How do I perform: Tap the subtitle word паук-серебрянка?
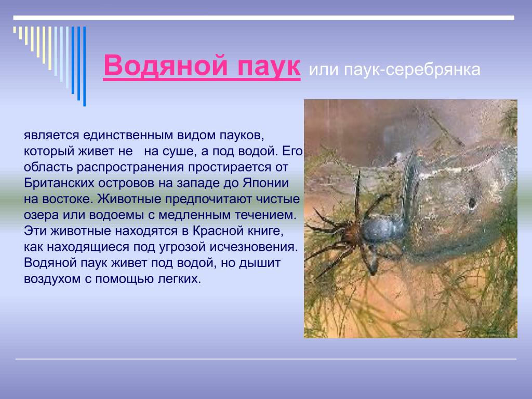[x=412, y=70]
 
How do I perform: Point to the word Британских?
[x=59, y=183]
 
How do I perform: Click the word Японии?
[x=265, y=183]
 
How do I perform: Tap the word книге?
[x=267, y=231]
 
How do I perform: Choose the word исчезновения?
[x=254, y=247]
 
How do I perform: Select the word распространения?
[x=130, y=167]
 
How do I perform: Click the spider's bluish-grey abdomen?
[x=383, y=229]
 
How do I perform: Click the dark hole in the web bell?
[x=472, y=203]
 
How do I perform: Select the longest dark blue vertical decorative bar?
[x=85, y=66]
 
